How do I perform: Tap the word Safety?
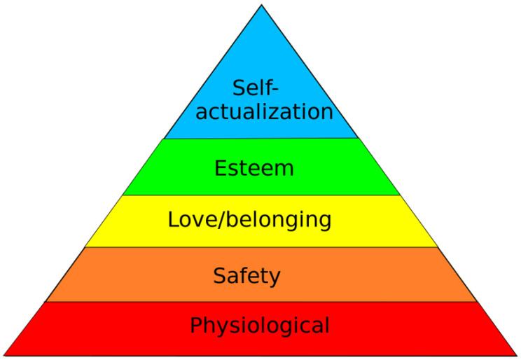[246, 276]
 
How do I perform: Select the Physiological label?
[260, 326]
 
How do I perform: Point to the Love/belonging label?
[249, 220]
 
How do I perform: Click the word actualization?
[264, 111]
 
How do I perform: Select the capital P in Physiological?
[196, 326]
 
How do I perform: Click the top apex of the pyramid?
[261, 6]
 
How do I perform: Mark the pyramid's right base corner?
[517, 355]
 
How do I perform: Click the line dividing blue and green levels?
[261, 139]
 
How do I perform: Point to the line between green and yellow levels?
[261, 195]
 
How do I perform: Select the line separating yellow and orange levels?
[261, 247]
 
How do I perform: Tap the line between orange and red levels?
[261, 302]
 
